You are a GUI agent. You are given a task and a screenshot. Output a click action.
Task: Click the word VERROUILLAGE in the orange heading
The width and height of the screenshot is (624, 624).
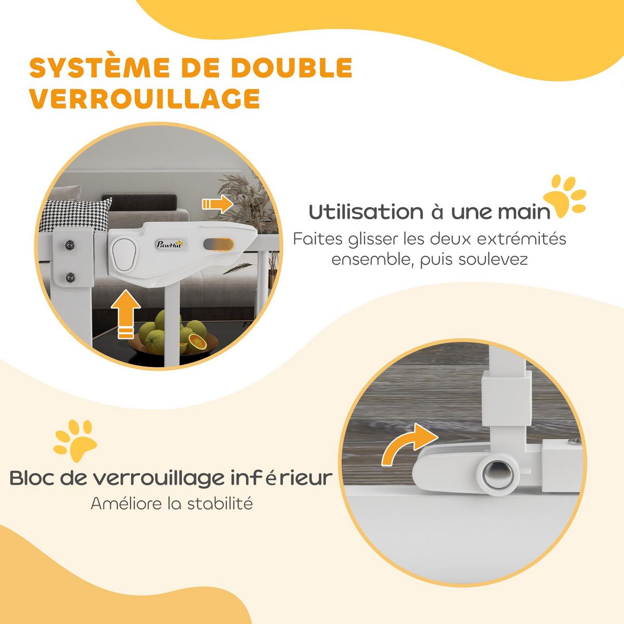pos(145,99)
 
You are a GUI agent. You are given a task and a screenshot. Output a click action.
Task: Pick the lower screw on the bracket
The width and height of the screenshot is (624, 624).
pos(70,276)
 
